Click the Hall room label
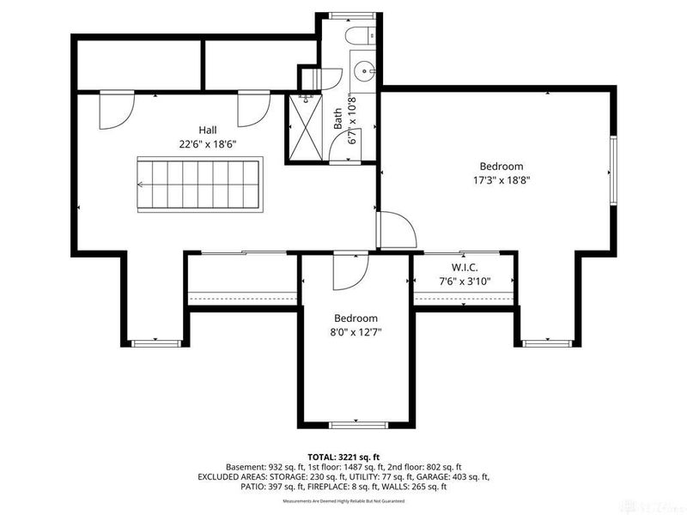coord(207,130)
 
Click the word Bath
coord(338,125)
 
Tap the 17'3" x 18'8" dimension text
coord(500,181)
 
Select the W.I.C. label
coord(465,267)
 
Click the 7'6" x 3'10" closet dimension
coord(465,280)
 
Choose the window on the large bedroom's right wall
coord(612,170)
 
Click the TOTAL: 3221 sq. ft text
coord(343,456)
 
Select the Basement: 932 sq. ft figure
coord(258,466)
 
